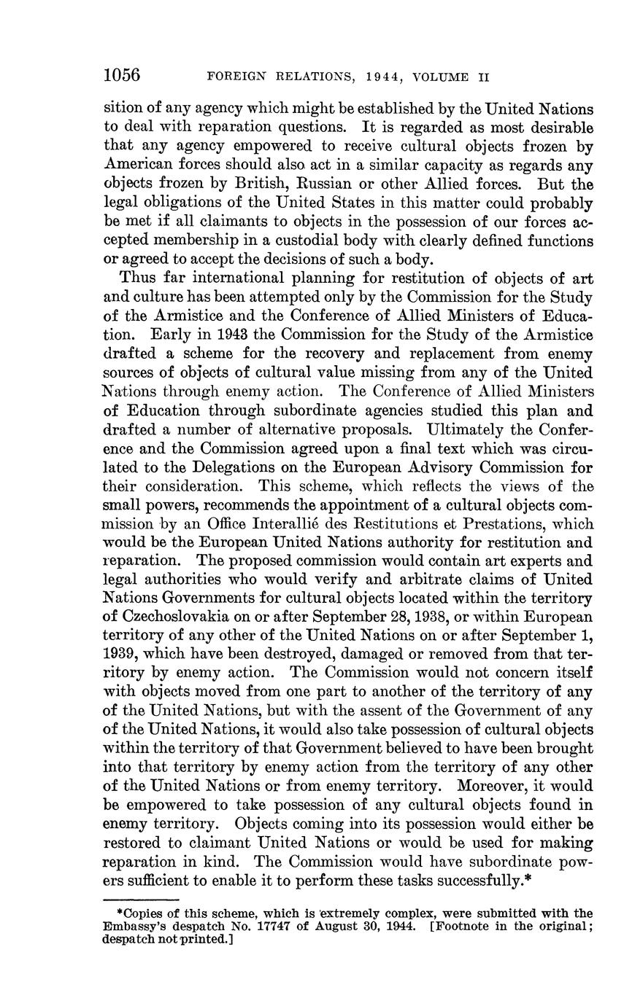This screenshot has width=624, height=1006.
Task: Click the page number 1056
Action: [121, 76]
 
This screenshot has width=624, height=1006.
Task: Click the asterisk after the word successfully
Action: [528, 879]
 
